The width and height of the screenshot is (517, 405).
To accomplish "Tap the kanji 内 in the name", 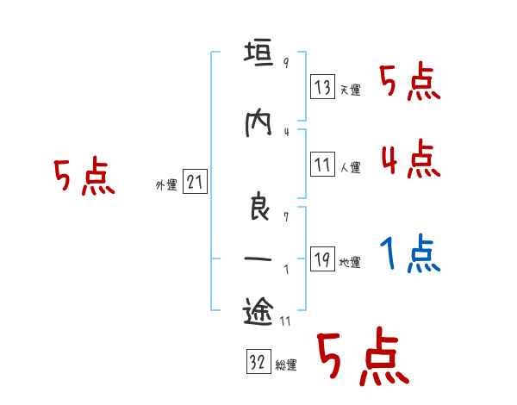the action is pos(258,125).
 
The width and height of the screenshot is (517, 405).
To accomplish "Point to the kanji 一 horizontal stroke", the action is pos(258,258).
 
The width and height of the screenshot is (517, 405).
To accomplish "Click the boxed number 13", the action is pos(323,87).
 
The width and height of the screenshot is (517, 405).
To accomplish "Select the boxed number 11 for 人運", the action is pos(323,165).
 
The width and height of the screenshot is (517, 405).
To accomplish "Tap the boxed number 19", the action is pos(323,261).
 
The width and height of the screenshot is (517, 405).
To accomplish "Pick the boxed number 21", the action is pos(195,182).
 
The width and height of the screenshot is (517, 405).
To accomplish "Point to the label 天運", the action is pos(350,90).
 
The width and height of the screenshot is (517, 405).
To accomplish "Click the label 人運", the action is pos(350,167).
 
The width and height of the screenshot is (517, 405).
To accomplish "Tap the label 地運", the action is pos(350,263).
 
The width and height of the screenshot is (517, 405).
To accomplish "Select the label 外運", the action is pos(165,184).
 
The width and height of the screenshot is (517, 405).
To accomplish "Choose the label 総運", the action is pos(286,365).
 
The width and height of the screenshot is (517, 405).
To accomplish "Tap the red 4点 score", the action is pos(410,158).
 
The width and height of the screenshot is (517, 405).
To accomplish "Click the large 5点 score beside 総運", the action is pos(362,358).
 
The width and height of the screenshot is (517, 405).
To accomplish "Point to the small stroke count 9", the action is pos(285,63).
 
